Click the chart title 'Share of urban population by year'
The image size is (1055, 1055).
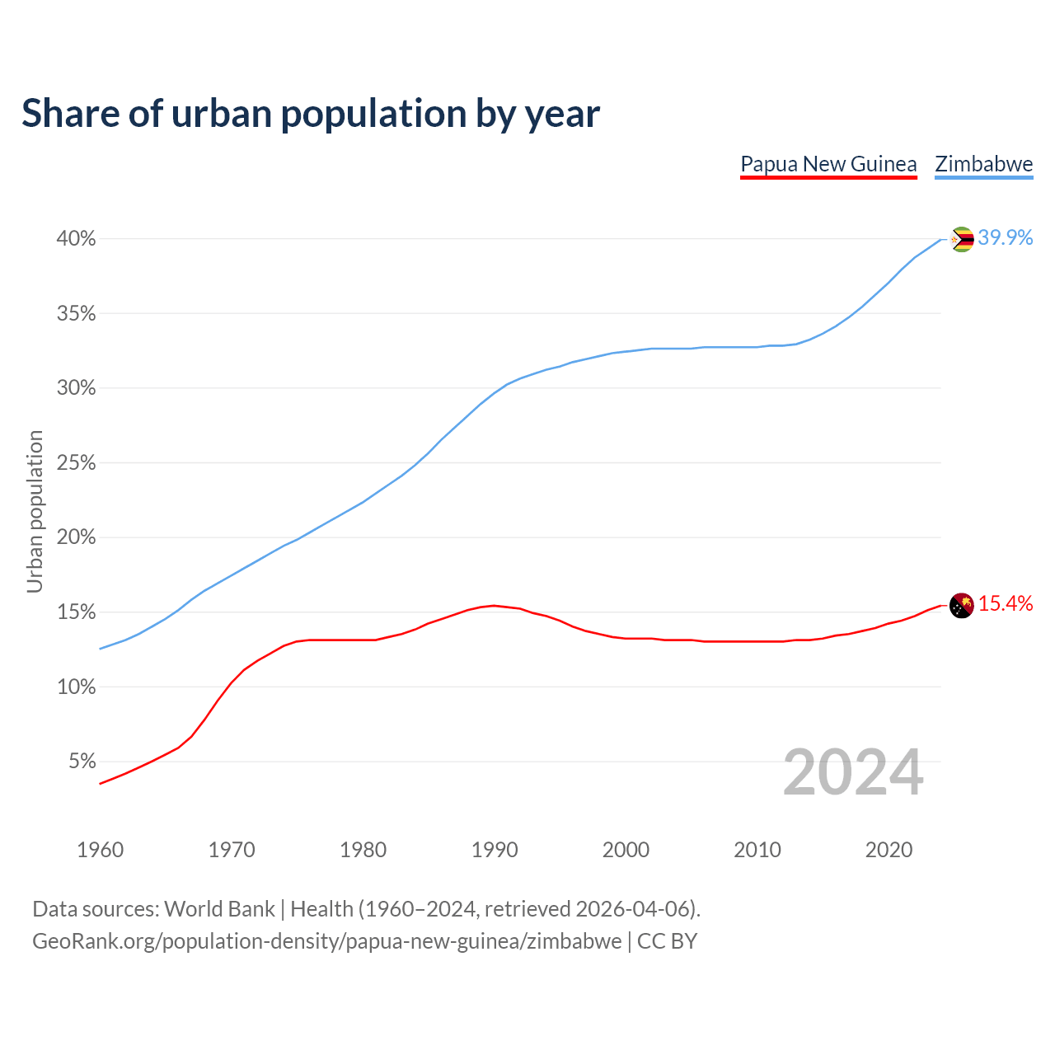point(311,114)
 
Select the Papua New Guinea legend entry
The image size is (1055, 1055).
point(828,164)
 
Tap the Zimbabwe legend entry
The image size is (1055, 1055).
point(983,164)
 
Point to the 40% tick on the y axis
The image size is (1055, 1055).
point(76,239)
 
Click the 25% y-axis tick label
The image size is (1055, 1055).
point(76,463)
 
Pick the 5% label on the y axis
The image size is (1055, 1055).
point(82,762)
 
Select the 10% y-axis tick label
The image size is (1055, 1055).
point(76,687)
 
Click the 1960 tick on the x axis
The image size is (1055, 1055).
point(100,850)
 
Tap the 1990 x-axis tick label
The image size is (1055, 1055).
point(495,850)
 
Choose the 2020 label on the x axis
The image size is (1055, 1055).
point(889,850)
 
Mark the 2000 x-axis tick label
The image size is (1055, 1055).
point(626,850)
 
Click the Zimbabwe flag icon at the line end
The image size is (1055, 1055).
point(962,239)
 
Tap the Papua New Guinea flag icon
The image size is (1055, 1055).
point(962,606)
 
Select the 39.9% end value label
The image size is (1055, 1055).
point(1006,238)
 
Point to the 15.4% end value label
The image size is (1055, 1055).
point(1006,604)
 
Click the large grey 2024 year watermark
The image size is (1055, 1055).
point(853,773)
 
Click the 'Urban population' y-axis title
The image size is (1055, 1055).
point(35,511)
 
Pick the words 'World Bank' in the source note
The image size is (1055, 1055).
point(219,909)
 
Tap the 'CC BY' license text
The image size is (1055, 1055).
point(667,941)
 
